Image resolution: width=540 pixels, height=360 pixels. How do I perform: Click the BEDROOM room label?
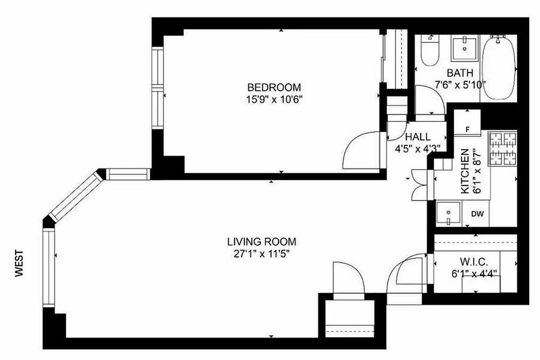click(x=274, y=87)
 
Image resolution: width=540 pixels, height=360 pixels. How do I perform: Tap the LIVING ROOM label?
click(x=261, y=242)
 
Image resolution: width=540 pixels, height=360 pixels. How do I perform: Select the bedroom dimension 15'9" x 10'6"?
click(x=274, y=99)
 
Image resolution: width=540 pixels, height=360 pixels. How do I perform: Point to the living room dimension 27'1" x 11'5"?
click(x=261, y=253)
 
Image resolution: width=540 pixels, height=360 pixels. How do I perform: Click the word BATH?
click(x=460, y=72)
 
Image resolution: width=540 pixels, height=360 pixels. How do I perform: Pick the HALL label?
click(x=418, y=137)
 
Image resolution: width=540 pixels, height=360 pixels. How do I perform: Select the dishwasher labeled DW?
click(x=477, y=214)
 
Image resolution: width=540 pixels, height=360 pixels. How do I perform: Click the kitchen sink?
click(x=449, y=213)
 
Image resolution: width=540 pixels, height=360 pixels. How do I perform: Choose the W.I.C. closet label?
click(x=474, y=261)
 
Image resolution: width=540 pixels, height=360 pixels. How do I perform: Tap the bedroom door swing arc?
click(x=360, y=151)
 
